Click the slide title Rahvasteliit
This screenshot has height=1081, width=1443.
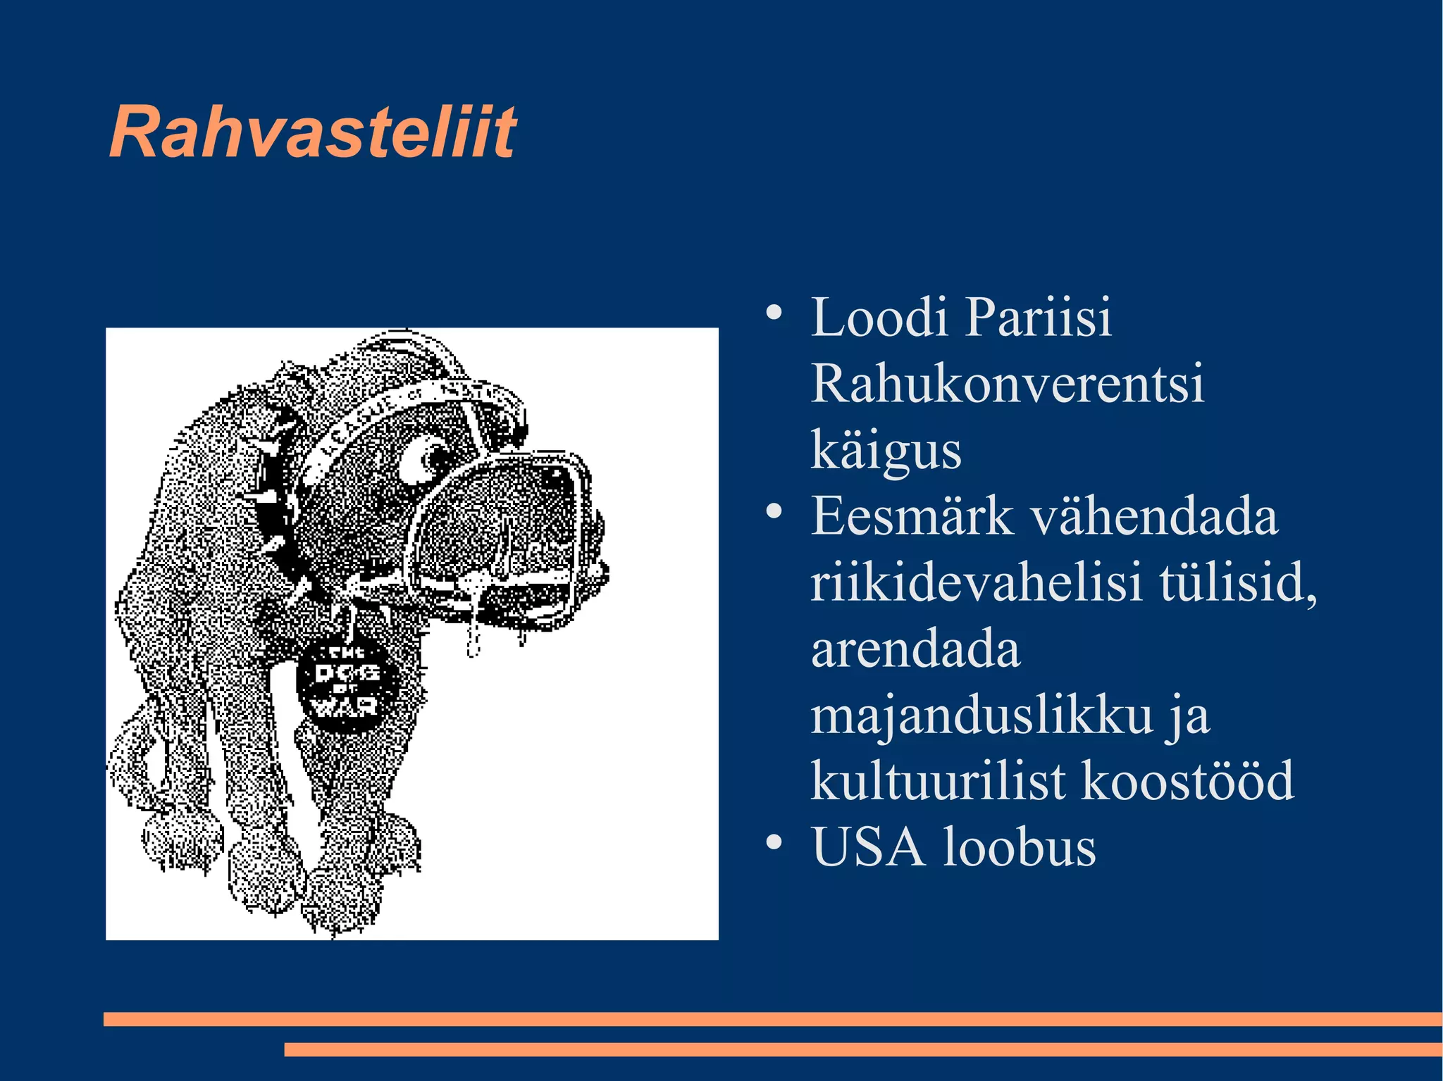coord(313,132)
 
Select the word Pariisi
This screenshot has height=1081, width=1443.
coord(1039,318)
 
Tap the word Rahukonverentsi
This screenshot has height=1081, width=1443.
coord(1008,385)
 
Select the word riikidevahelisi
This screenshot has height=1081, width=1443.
coord(976,583)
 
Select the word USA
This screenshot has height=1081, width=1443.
coord(868,847)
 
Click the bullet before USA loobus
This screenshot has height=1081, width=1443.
coord(774,842)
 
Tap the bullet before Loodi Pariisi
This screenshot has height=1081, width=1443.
coord(774,313)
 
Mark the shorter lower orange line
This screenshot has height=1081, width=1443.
coord(862,1049)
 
